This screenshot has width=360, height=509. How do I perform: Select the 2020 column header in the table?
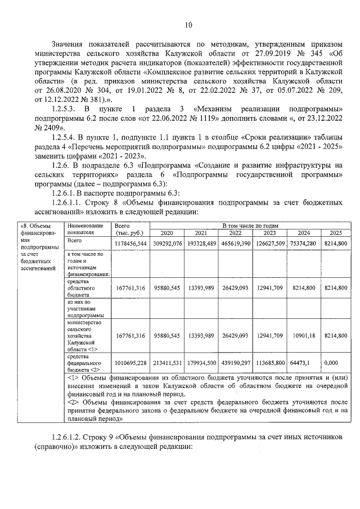coord(166,233)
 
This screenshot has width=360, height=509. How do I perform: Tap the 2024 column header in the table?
coord(304,233)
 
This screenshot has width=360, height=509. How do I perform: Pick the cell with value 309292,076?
coord(167,243)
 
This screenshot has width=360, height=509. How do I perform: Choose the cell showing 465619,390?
coord(236,243)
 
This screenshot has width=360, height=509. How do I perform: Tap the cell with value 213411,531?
coord(167,362)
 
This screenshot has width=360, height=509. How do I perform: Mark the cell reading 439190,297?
coord(236,362)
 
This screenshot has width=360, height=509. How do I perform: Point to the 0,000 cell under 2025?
coord(336,362)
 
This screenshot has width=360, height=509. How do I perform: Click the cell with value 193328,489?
coord(201,243)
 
